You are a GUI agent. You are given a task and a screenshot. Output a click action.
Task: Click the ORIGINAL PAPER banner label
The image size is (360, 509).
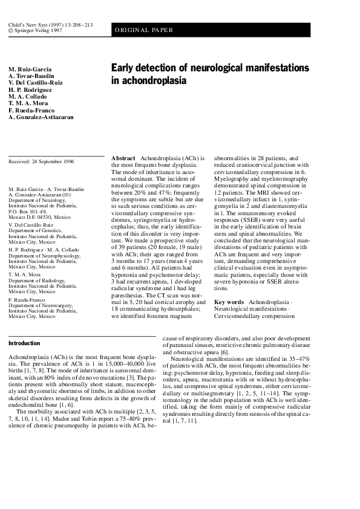(x=144, y=30)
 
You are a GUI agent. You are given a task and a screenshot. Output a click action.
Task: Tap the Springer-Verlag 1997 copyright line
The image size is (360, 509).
(x=35, y=29)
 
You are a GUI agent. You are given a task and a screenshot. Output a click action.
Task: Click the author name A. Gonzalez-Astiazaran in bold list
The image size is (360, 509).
(x=41, y=117)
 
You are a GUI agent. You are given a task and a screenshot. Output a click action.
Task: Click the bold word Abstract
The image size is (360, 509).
(x=123, y=158)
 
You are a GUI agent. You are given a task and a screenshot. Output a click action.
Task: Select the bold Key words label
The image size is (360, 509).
(x=229, y=302)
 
